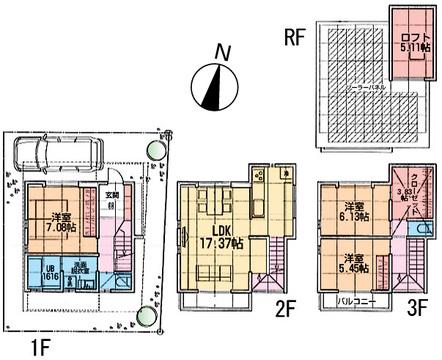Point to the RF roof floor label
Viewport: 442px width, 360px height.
294,39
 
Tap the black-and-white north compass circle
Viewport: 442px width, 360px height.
212,87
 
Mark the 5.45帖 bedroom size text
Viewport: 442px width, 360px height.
352,265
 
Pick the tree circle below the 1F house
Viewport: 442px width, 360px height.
148,317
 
